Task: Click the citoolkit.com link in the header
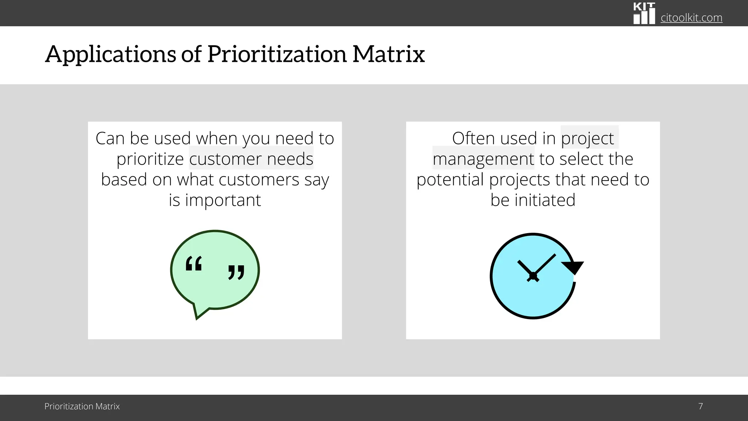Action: click(x=691, y=18)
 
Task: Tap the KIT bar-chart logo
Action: click(x=644, y=14)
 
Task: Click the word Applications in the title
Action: click(x=110, y=54)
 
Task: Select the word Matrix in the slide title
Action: click(x=388, y=54)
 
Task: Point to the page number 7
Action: click(x=701, y=406)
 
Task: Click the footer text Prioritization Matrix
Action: click(x=82, y=406)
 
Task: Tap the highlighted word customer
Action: click(x=225, y=159)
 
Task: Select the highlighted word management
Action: click(x=483, y=159)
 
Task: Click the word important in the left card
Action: click(x=223, y=200)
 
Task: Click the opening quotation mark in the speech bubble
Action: click(x=194, y=263)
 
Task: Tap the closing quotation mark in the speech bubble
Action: click(x=236, y=272)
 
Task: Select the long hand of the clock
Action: click(x=545, y=265)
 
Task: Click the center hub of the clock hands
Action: click(x=533, y=276)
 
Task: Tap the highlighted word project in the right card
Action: click(x=587, y=139)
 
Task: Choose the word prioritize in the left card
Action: click(x=150, y=159)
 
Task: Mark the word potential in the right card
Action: click(x=450, y=179)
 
